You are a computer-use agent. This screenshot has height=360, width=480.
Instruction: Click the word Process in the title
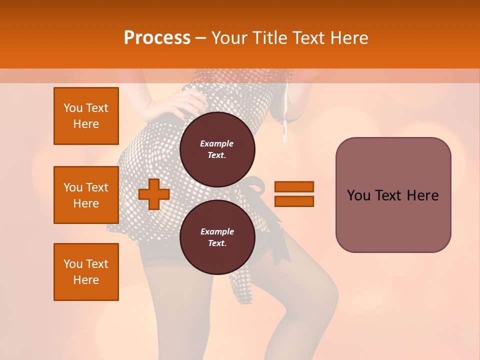click(157, 38)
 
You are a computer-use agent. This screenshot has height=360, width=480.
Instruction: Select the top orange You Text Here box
click(86, 116)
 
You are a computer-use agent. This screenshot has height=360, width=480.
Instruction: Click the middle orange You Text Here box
click(86, 195)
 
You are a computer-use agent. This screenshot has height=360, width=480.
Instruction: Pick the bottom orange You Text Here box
click(86, 272)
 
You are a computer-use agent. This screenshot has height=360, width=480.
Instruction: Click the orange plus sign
click(154, 194)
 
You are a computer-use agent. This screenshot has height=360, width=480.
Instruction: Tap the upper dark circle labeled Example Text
click(217, 149)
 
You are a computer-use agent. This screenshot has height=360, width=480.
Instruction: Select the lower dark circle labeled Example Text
click(217, 237)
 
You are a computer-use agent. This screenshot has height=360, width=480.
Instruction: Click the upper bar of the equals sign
click(294, 186)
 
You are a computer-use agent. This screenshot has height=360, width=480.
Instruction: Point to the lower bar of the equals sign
click(294, 201)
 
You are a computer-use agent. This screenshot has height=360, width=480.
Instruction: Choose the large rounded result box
click(393, 195)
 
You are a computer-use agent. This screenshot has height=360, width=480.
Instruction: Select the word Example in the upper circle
click(216, 143)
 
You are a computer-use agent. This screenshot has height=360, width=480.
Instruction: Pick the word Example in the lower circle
click(217, 231)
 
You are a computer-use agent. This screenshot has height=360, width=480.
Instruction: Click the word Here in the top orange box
click(86, 124)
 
